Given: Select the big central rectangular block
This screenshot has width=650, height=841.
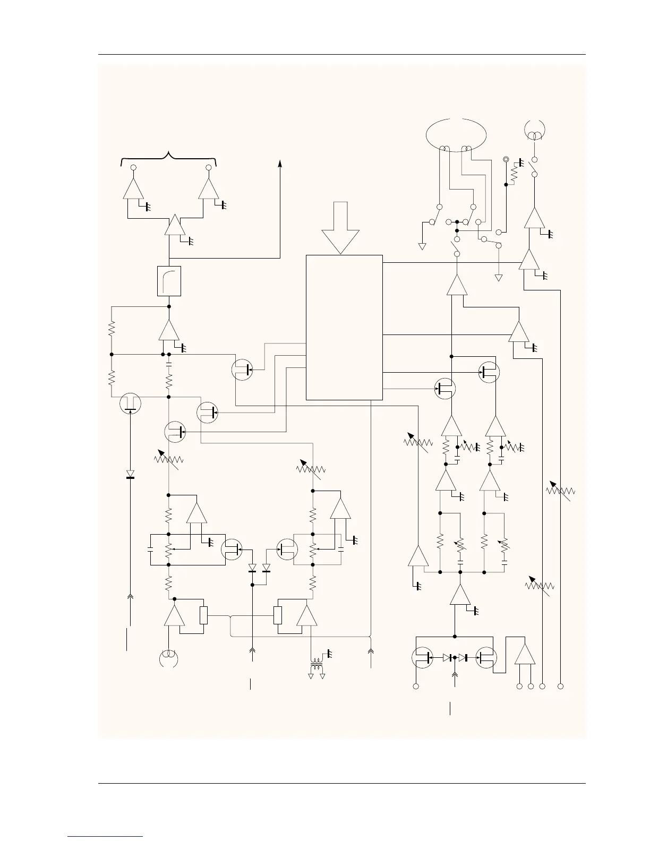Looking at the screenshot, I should [x=344, y=327].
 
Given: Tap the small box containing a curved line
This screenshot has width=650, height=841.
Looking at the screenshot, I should [x=169, y=281].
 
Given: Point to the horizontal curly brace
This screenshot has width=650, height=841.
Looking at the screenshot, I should [x=169, y=157].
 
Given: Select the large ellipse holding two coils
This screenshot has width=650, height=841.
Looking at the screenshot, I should [x=457, y=134].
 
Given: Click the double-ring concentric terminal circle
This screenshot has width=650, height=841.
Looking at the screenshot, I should [x=506, y=159].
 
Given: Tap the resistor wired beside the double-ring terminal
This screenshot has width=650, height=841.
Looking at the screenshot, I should [x=514, y=174].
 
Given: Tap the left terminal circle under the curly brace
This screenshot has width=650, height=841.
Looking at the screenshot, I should [x=134, y=168].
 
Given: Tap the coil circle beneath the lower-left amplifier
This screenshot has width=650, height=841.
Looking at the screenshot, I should [x=168, y=658].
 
